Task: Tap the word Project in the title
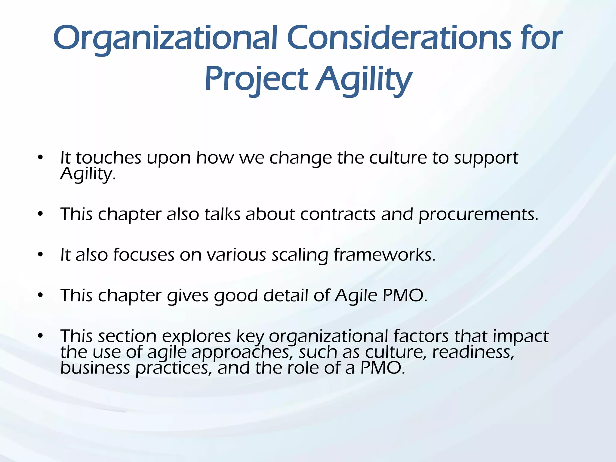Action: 256,79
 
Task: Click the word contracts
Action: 338,214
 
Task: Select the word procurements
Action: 478,215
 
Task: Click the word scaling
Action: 300,255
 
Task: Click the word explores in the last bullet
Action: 196,336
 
